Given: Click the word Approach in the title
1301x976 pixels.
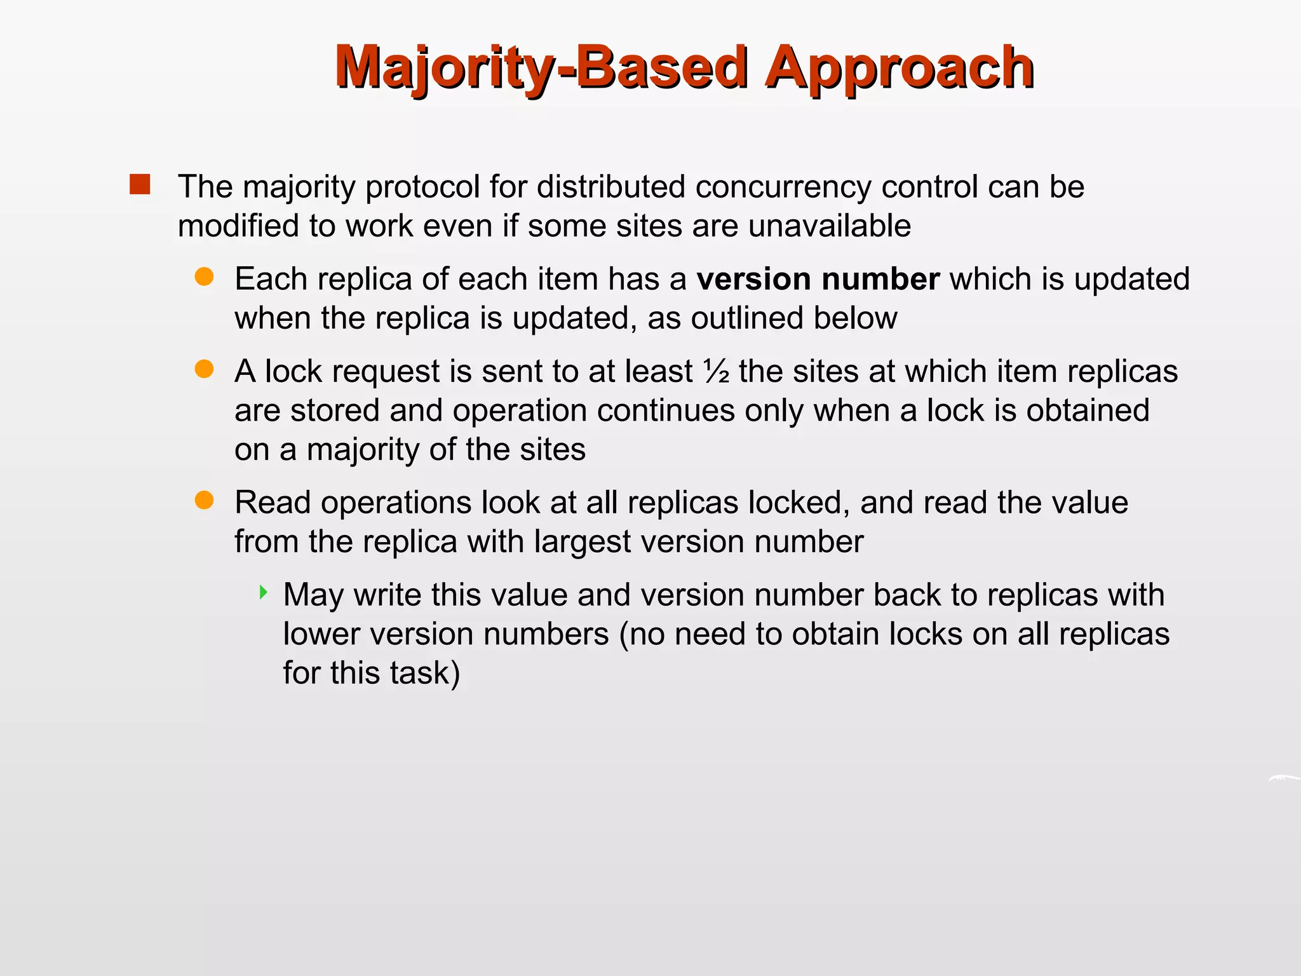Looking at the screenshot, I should pos(900,69).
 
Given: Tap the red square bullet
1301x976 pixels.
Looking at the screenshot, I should pos(140,185).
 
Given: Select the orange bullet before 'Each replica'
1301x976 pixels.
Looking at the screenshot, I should pos(204,277).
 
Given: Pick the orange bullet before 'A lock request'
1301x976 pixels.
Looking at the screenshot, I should pos(204,369).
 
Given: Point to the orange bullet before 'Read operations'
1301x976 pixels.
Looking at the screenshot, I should pos(204,501).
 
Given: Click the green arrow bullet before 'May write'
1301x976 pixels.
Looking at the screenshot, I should pos(264,593).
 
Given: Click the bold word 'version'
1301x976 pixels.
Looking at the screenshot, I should pos(753,280).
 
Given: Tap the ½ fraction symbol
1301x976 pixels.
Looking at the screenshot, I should pos(717,372).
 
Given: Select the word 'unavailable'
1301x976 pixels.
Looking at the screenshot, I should pos(830,226).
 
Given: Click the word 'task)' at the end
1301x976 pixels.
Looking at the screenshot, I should pos(425,674).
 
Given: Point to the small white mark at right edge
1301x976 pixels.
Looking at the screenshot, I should pos(1283,778).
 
